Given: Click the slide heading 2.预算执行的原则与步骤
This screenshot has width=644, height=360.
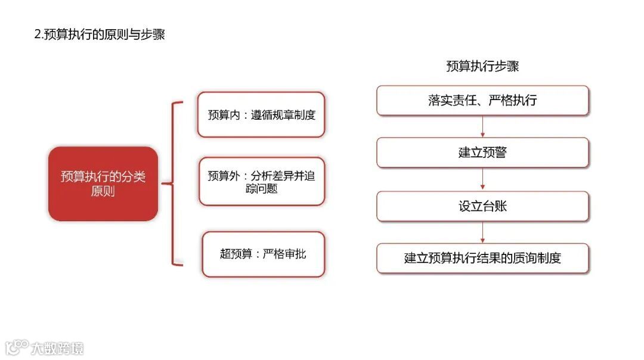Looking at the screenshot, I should click(99, 35).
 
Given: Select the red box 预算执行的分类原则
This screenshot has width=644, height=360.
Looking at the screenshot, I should click(103, 184).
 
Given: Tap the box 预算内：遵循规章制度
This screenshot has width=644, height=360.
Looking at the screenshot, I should click(261, 114).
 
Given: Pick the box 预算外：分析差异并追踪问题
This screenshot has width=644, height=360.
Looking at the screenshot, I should click(261, 182).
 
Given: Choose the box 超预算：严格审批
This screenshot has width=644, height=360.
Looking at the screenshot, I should click(264, 254).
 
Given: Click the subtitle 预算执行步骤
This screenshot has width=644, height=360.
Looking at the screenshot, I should click(482, 66).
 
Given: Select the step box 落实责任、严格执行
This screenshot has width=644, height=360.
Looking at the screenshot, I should click(482, 100).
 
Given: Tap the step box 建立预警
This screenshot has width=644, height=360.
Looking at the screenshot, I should click(482, 153).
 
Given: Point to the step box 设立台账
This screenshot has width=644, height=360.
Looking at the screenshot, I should click(482, 206).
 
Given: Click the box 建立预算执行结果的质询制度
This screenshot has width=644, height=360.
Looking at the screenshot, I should click(482, 258).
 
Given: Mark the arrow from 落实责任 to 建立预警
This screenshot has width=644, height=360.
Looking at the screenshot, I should click(482, 126).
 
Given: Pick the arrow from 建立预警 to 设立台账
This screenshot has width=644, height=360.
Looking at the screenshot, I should click(482, 179).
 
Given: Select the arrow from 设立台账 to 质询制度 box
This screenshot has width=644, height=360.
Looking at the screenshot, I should click(482, 232).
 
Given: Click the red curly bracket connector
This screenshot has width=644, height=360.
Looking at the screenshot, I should click(174, 184).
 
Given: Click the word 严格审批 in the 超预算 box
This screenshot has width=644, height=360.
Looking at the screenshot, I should click(284, 254).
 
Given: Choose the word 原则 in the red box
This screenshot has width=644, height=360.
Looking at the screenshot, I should click(103, 191).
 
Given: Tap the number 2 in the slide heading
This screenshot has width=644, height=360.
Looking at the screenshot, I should click(37, 35).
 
